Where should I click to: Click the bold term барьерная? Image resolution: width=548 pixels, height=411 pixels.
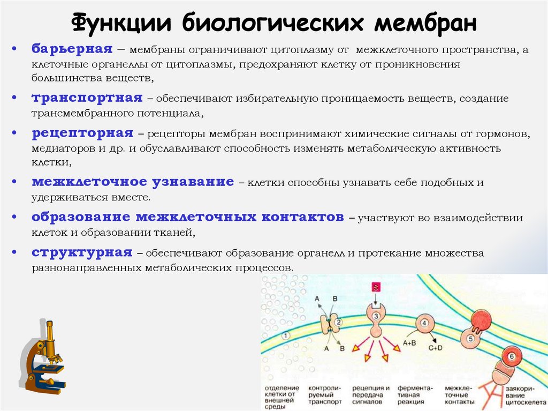pyautogui.click(x=72, y=49)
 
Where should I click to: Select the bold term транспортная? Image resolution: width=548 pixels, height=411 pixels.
pyautogui.click(x=87, y=98)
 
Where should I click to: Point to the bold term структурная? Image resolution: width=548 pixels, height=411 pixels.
pyautogui.click(x=81, y=252)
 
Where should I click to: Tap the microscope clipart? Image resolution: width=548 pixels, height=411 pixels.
pyautogui.click(x=45, y=355)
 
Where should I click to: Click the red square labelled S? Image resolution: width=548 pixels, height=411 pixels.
pyautogui.click(x=376, y=288)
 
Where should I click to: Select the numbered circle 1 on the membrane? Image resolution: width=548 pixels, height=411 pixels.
pyautogui.click(x=286, y=335)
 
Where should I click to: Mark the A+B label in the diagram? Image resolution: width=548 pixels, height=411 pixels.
pyautogui.click(x=410, y=343)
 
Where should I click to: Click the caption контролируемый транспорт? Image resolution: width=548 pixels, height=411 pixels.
pyautogui.click(x=323, y=394)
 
